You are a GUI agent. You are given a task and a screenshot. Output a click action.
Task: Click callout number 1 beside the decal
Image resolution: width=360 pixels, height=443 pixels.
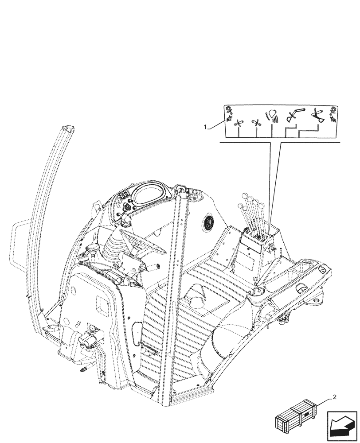pyautogui.click(x=206, y=127)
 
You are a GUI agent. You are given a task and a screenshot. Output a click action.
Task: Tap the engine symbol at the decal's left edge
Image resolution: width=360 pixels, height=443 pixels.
pyautogui.click(x=229, y=114)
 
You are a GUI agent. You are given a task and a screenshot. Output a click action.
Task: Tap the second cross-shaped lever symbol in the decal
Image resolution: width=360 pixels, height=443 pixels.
pyautogui.click(x=256, y=124)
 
